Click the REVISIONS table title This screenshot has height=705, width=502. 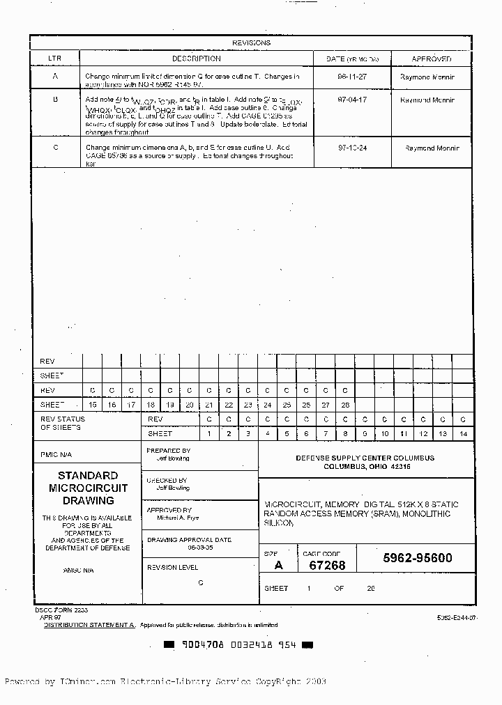coord(251,42)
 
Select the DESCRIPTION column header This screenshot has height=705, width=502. coord(197,59)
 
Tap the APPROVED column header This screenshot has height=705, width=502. coord(432,59)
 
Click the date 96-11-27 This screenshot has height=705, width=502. coord(352,77)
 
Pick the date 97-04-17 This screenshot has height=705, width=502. coord(352,100)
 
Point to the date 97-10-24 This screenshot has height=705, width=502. coord(352,148)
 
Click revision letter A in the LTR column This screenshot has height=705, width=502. coord(55,77)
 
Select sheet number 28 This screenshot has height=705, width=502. coord(344,405)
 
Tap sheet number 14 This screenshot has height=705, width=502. coord(462,434)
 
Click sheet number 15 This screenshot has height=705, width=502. coord(92,405)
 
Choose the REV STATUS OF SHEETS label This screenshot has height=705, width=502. coord(63,423)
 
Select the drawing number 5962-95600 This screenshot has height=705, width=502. coord(417,558)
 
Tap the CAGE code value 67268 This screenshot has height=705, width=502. coord(327,565)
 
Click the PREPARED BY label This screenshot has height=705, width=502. coord(168,451)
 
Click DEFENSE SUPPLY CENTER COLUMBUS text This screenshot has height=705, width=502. coord(365,458)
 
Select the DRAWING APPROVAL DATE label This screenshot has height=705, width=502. coord(188,540)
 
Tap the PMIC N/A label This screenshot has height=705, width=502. coord(56,454)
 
